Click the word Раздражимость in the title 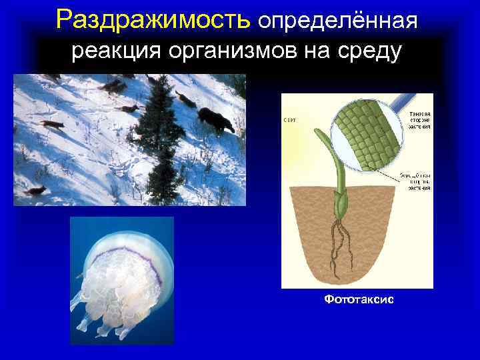click(153, 21)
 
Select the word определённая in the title click(338, 22)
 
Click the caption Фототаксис click(359, 300)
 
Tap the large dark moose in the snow click(216, 120)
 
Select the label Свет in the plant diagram click(290, 120)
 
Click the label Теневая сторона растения click(419, 119)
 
